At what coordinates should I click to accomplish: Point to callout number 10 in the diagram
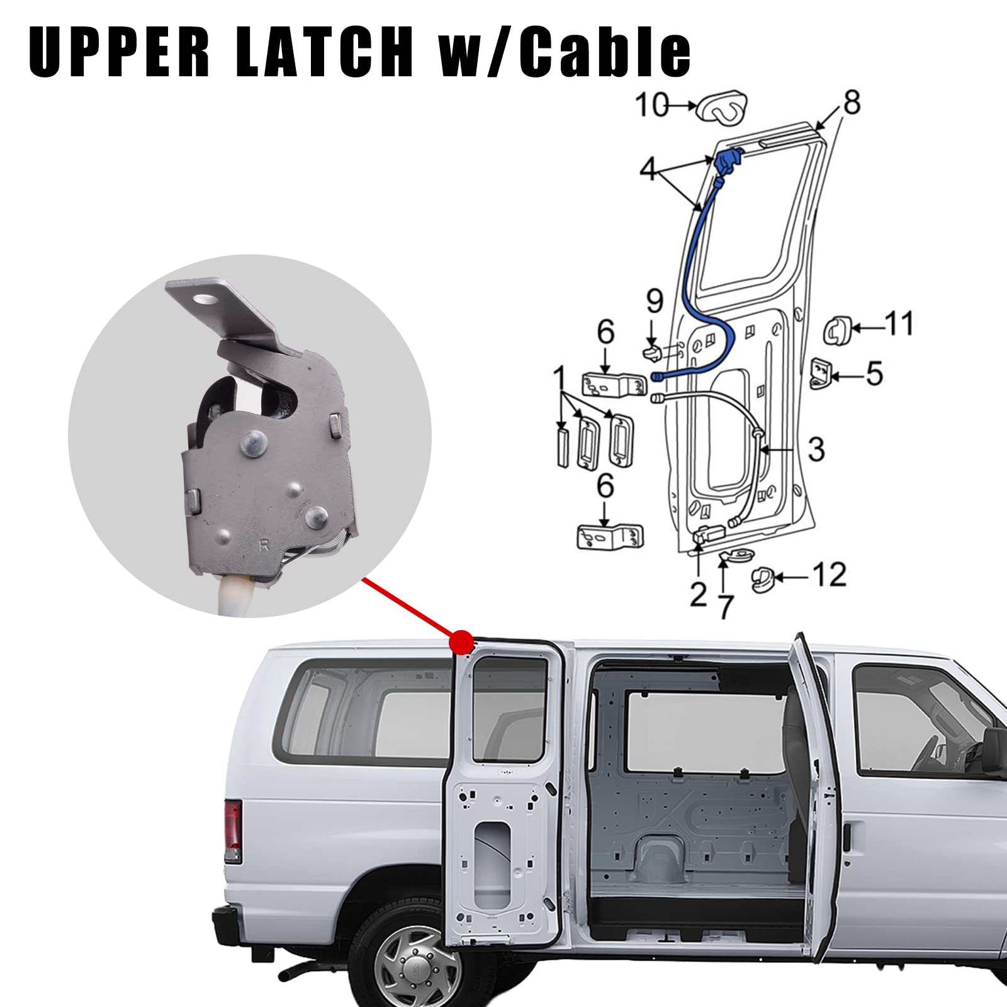click(650, 105)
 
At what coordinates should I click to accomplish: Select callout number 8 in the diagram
click(851, 103)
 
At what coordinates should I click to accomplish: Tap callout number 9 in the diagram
click(655, 301)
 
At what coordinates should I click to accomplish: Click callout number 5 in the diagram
click(874, 373)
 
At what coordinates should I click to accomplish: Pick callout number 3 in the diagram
click(816, 449)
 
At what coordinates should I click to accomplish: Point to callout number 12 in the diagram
click(829, 574)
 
